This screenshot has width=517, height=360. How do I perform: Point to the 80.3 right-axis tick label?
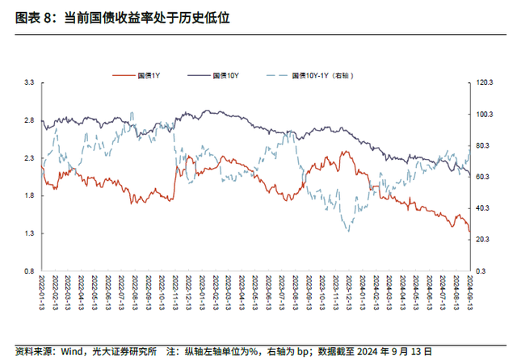[x=485, y=145]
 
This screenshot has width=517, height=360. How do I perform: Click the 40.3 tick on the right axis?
[x=485, y=208]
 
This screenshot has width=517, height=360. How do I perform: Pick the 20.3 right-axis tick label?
[x=485, y=240]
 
